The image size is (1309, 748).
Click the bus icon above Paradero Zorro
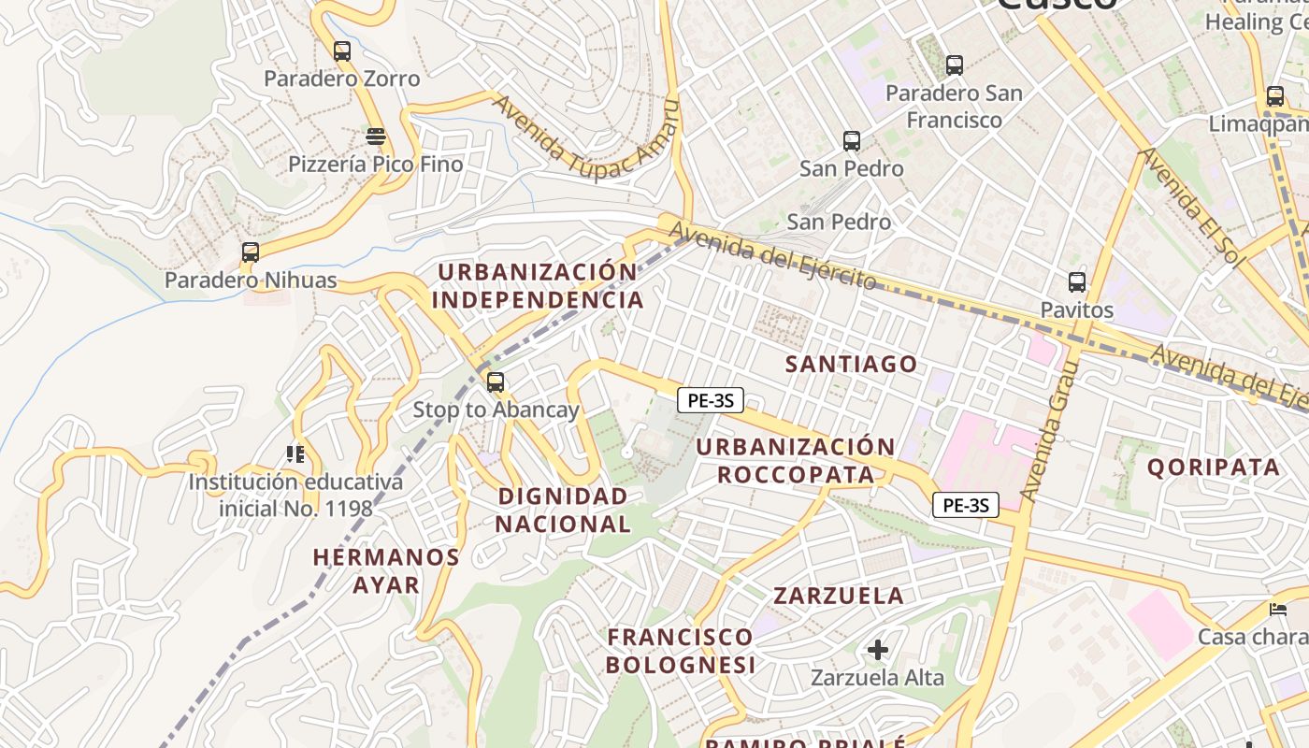tap(342, 51)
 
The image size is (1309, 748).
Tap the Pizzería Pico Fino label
tap(376, 165)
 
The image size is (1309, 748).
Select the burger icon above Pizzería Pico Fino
tap(376, 137)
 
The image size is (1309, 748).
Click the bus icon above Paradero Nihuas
tap(251, 252)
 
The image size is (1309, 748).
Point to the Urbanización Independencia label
tap(538, 286)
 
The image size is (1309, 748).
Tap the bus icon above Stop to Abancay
tap(496, 382)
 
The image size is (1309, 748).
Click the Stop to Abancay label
tap(496, 410)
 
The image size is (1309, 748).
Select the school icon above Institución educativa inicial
tap(295, 455)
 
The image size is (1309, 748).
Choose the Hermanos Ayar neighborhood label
tap(386, 571)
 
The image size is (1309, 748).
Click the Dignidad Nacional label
tap(563, 510)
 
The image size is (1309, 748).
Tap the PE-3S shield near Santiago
tap(711, 401)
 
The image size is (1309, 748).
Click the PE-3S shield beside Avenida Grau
tap(966, 506)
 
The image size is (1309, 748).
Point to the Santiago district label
tap(852, 365)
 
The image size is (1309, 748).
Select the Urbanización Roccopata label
tap(797, 461)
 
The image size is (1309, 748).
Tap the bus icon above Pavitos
tap(1077, 282)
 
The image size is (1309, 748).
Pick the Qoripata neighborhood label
tap(1213, 467)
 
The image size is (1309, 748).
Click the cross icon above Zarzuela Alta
tap(877, 650)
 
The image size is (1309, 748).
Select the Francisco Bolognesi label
tap(680, 651)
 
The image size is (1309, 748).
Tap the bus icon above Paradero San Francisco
tap(955, 65)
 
